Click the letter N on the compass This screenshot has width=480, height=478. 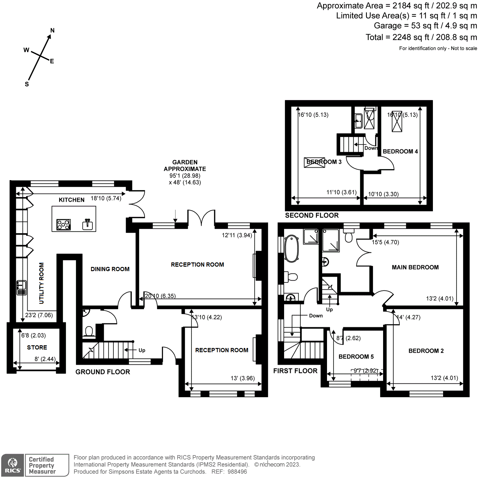pos(52,30)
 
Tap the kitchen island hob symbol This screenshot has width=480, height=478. pos(64,225)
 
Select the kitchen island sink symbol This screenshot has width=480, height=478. pos(88,224)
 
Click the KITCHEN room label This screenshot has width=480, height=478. pos(71,200)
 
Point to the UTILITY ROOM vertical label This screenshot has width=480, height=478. pos(41,283)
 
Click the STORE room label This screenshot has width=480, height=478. pos(37,347)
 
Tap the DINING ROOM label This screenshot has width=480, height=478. pos(110,269)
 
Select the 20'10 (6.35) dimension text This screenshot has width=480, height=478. pos(160,296)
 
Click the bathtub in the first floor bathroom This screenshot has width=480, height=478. pos(291,249)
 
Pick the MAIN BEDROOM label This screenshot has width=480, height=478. pos(415,267)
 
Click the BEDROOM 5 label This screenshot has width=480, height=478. pos(356,357)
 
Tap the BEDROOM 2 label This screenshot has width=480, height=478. pos(426,351)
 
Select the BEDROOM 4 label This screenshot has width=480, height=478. pos(400,151)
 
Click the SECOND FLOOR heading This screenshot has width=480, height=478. pos(312,215)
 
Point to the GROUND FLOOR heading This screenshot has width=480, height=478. pos(103,372)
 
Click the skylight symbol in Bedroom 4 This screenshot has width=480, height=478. pos(397,122)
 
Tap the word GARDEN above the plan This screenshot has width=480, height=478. pos(185,162)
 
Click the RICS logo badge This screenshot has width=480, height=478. pos(13,465)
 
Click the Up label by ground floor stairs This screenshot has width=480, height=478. pos(142,350)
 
